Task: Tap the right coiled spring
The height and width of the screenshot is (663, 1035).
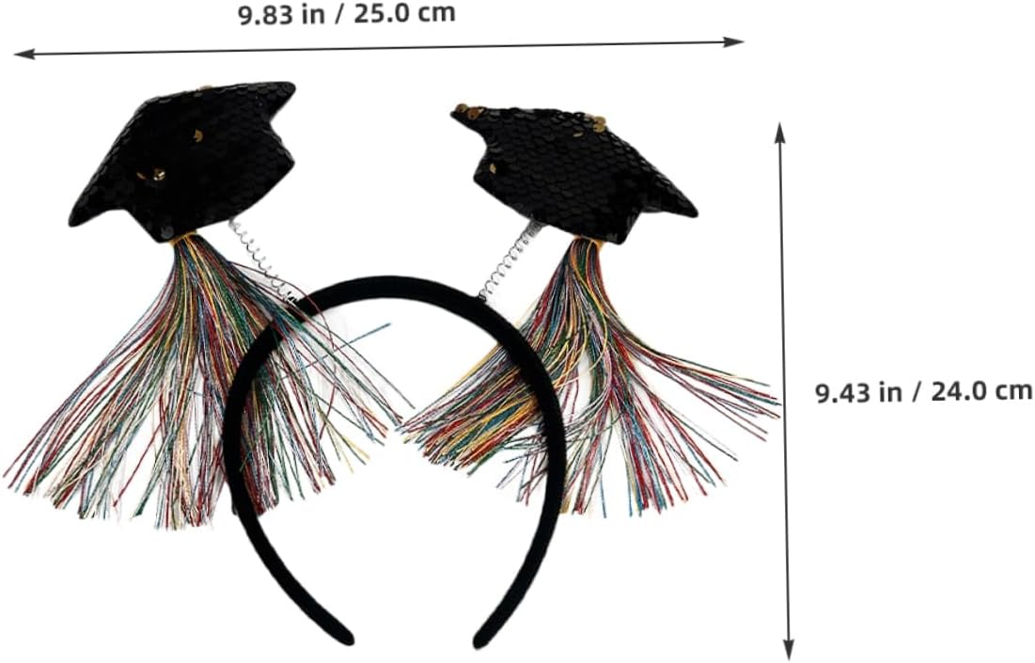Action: pyautogui.click(x=509, y=259)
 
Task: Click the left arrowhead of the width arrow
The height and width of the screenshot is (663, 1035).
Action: pyautogui.click(x=20, y=55)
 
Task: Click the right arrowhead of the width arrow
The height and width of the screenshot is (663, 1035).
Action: pyautogui.click(x=737, y=40)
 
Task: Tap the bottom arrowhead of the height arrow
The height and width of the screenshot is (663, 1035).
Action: pyautogui.click(x=788, y=653)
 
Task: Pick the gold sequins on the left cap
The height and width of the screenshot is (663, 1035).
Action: pyautogui.click(x=150, y=174)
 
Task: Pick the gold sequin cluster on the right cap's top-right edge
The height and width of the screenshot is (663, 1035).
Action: pyautogui.click(x=596, y=122)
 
